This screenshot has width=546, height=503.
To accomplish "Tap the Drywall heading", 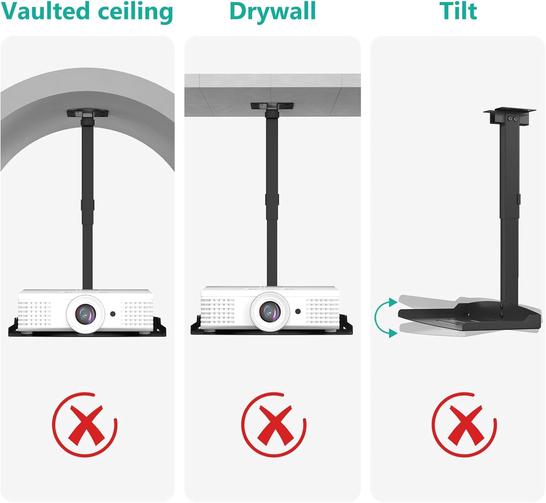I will point(272,11).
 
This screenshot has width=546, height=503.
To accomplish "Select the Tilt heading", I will point(458,11).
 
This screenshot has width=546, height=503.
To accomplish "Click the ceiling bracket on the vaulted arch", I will point(88,113).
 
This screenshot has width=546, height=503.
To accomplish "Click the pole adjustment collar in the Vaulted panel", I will point(87,205).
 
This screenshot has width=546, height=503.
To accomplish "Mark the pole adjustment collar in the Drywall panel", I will point(272,200).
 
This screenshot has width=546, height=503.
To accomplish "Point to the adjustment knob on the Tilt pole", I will point(519,198).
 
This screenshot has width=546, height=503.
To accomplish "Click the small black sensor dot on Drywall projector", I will point(298,311).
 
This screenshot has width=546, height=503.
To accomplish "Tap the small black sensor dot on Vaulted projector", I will point(113,314).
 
